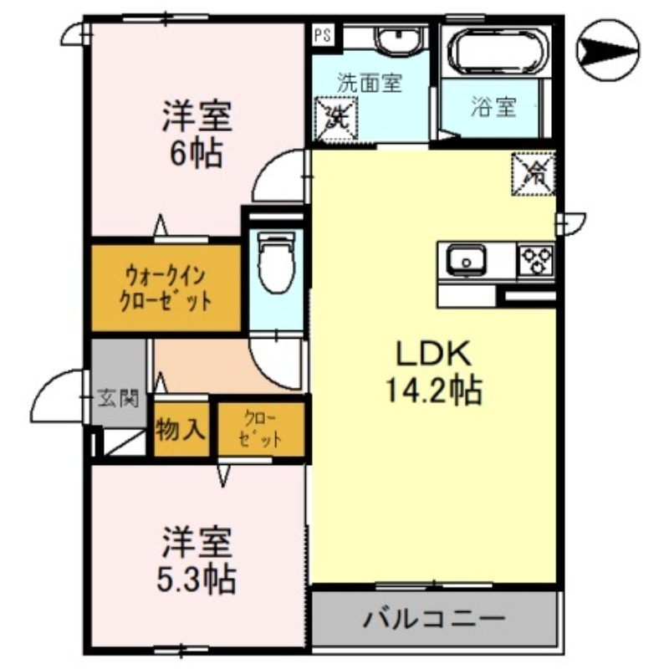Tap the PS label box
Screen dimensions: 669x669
pos(322,36)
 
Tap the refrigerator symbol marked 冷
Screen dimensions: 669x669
pos(534,173)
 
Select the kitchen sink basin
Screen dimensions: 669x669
pos(462,260)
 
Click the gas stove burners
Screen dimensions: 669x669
pos(536,261)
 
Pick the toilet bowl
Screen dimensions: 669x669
pos(273,259)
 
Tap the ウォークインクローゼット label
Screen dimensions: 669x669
pos(166,287)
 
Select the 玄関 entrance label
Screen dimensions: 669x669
pos(117,398)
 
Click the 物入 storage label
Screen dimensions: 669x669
pos(181,430)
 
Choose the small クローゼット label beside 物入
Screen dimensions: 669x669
pos(259,430)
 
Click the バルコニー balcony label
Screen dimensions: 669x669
pos(433,620)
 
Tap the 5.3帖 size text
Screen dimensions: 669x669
pos(197,576)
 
